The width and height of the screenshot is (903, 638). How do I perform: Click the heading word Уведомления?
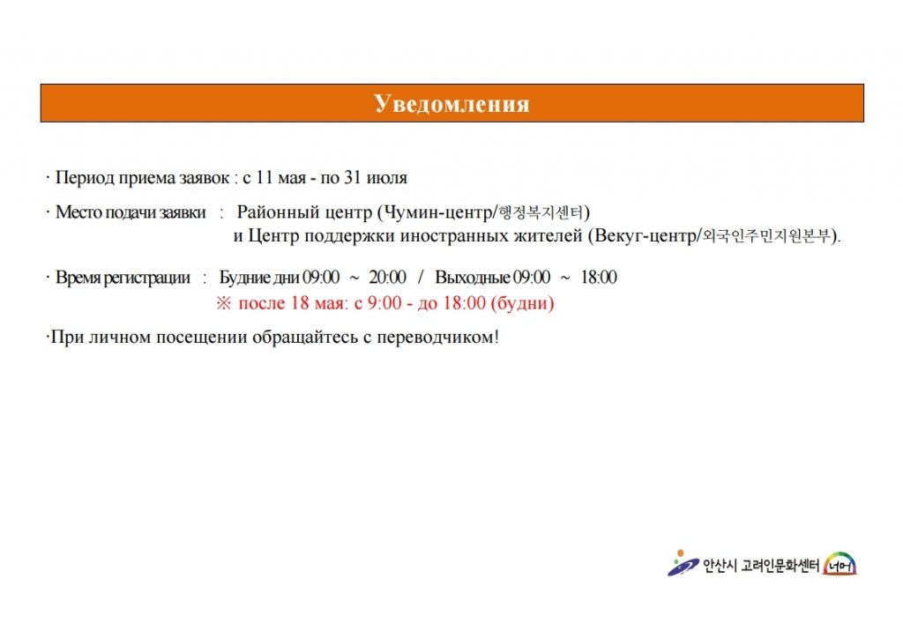pos(451,104)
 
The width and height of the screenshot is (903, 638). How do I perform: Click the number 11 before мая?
pos(265,178)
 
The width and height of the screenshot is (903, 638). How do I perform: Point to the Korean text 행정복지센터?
pos(541,213)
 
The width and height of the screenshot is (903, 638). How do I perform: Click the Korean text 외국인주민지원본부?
pos(767,236)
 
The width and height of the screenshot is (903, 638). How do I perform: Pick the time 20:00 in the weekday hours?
pos(388,278)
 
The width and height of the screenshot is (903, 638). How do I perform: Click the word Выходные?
pos(473,278)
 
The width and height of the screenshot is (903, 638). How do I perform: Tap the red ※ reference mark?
pos(223,303)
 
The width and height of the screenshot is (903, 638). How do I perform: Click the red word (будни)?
pos(522,303)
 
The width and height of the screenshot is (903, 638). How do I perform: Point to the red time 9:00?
pos(384,303)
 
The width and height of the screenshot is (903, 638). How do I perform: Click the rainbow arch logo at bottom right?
pos(840,564)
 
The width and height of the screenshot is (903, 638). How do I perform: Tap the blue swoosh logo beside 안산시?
pos(683,563)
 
